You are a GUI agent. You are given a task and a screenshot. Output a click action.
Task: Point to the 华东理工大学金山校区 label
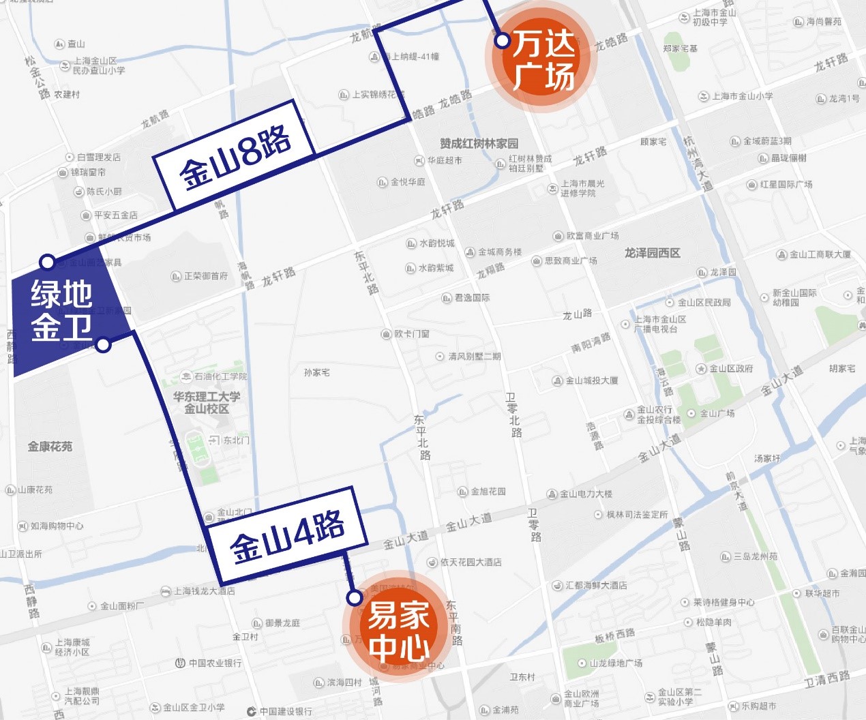206,402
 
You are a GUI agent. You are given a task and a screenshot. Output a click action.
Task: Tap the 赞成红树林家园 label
479,143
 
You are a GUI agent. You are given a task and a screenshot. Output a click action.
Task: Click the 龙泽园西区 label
653,253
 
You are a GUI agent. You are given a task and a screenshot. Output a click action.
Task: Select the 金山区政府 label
730,369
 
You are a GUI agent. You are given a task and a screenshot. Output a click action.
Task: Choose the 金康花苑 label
50,447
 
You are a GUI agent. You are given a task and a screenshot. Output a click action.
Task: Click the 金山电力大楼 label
585,494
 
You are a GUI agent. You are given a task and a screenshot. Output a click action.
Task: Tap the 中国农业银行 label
215,663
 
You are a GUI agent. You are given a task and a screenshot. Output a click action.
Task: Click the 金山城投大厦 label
591,380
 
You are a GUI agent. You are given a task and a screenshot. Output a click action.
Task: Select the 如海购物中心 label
57,526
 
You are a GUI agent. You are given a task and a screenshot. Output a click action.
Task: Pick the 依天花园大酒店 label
471,562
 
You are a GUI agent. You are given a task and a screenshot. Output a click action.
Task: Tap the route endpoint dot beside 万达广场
503,41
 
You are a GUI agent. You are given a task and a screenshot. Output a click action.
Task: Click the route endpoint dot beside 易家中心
354,598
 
